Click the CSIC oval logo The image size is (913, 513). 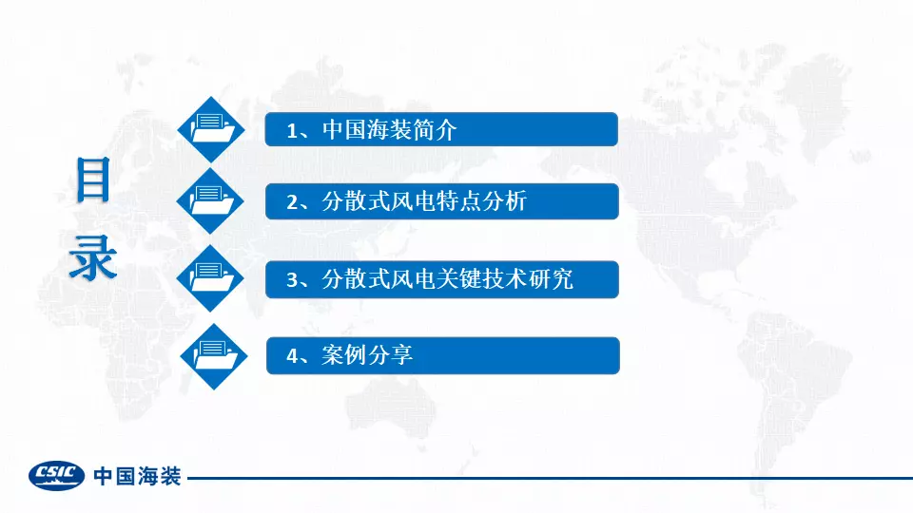click(56, 475)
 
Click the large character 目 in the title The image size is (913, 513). click(93, 180)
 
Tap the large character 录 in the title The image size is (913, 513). click(93, 257)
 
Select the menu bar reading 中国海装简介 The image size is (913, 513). click(441, 129)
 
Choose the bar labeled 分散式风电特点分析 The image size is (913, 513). click(442, 201)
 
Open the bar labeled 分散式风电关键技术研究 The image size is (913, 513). click(442, 279)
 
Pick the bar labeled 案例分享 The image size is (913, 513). click(443, 355)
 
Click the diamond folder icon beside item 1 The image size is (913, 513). click(211, 129)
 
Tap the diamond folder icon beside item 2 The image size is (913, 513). click(210, 201)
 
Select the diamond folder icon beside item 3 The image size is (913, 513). click(210, 278)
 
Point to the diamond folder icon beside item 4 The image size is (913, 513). click(214, 356)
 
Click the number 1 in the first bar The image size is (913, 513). click(292, 131)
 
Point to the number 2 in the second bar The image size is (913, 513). click(292, 202)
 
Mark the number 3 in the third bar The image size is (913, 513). click(292, 280)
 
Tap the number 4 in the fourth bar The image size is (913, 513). click(292, 356)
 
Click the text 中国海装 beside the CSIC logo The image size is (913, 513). click(137, 476)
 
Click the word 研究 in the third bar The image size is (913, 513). click(552, 279)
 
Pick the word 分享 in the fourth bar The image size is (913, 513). click(390, 354)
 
